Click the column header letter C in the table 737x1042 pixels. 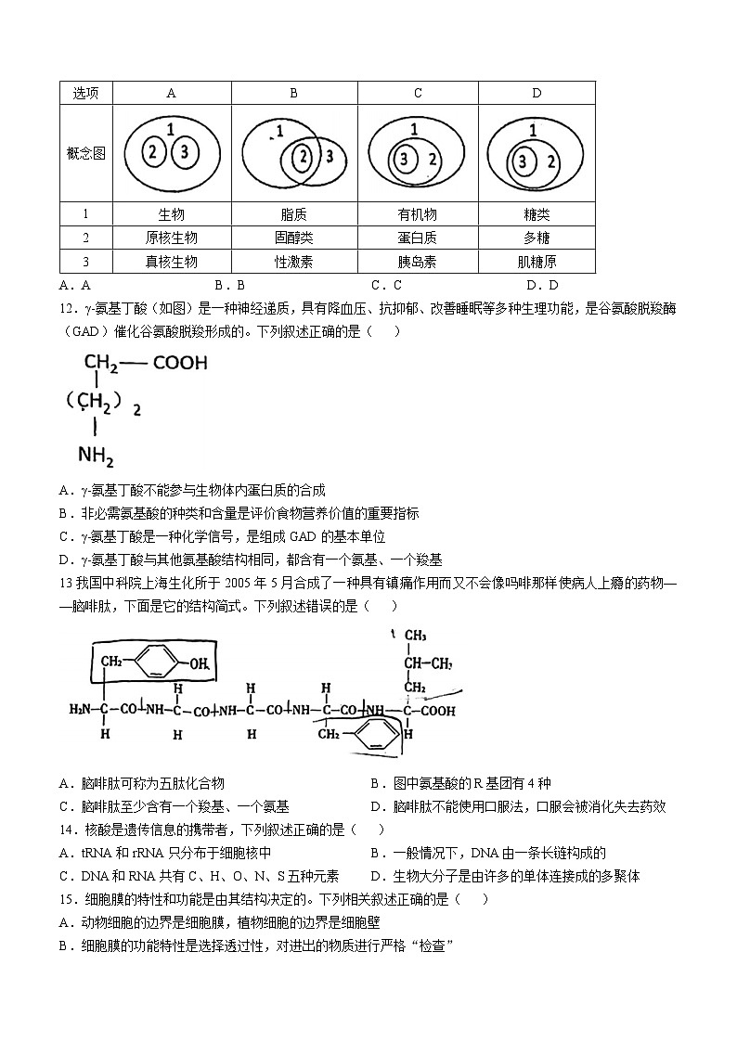418,93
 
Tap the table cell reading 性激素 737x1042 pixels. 293,263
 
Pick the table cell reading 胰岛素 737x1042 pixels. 418,263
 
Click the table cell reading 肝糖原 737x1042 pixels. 537,263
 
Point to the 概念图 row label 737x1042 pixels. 85,153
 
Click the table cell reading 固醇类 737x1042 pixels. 293,238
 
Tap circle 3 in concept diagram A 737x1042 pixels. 185,152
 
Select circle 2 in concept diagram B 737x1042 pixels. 302,157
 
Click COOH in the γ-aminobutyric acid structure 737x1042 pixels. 180,363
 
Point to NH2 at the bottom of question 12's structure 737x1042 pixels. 97,457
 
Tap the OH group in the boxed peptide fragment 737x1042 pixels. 199,662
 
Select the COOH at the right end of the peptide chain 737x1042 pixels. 438,711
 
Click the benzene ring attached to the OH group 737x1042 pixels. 159,662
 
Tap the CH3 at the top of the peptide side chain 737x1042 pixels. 414,636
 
